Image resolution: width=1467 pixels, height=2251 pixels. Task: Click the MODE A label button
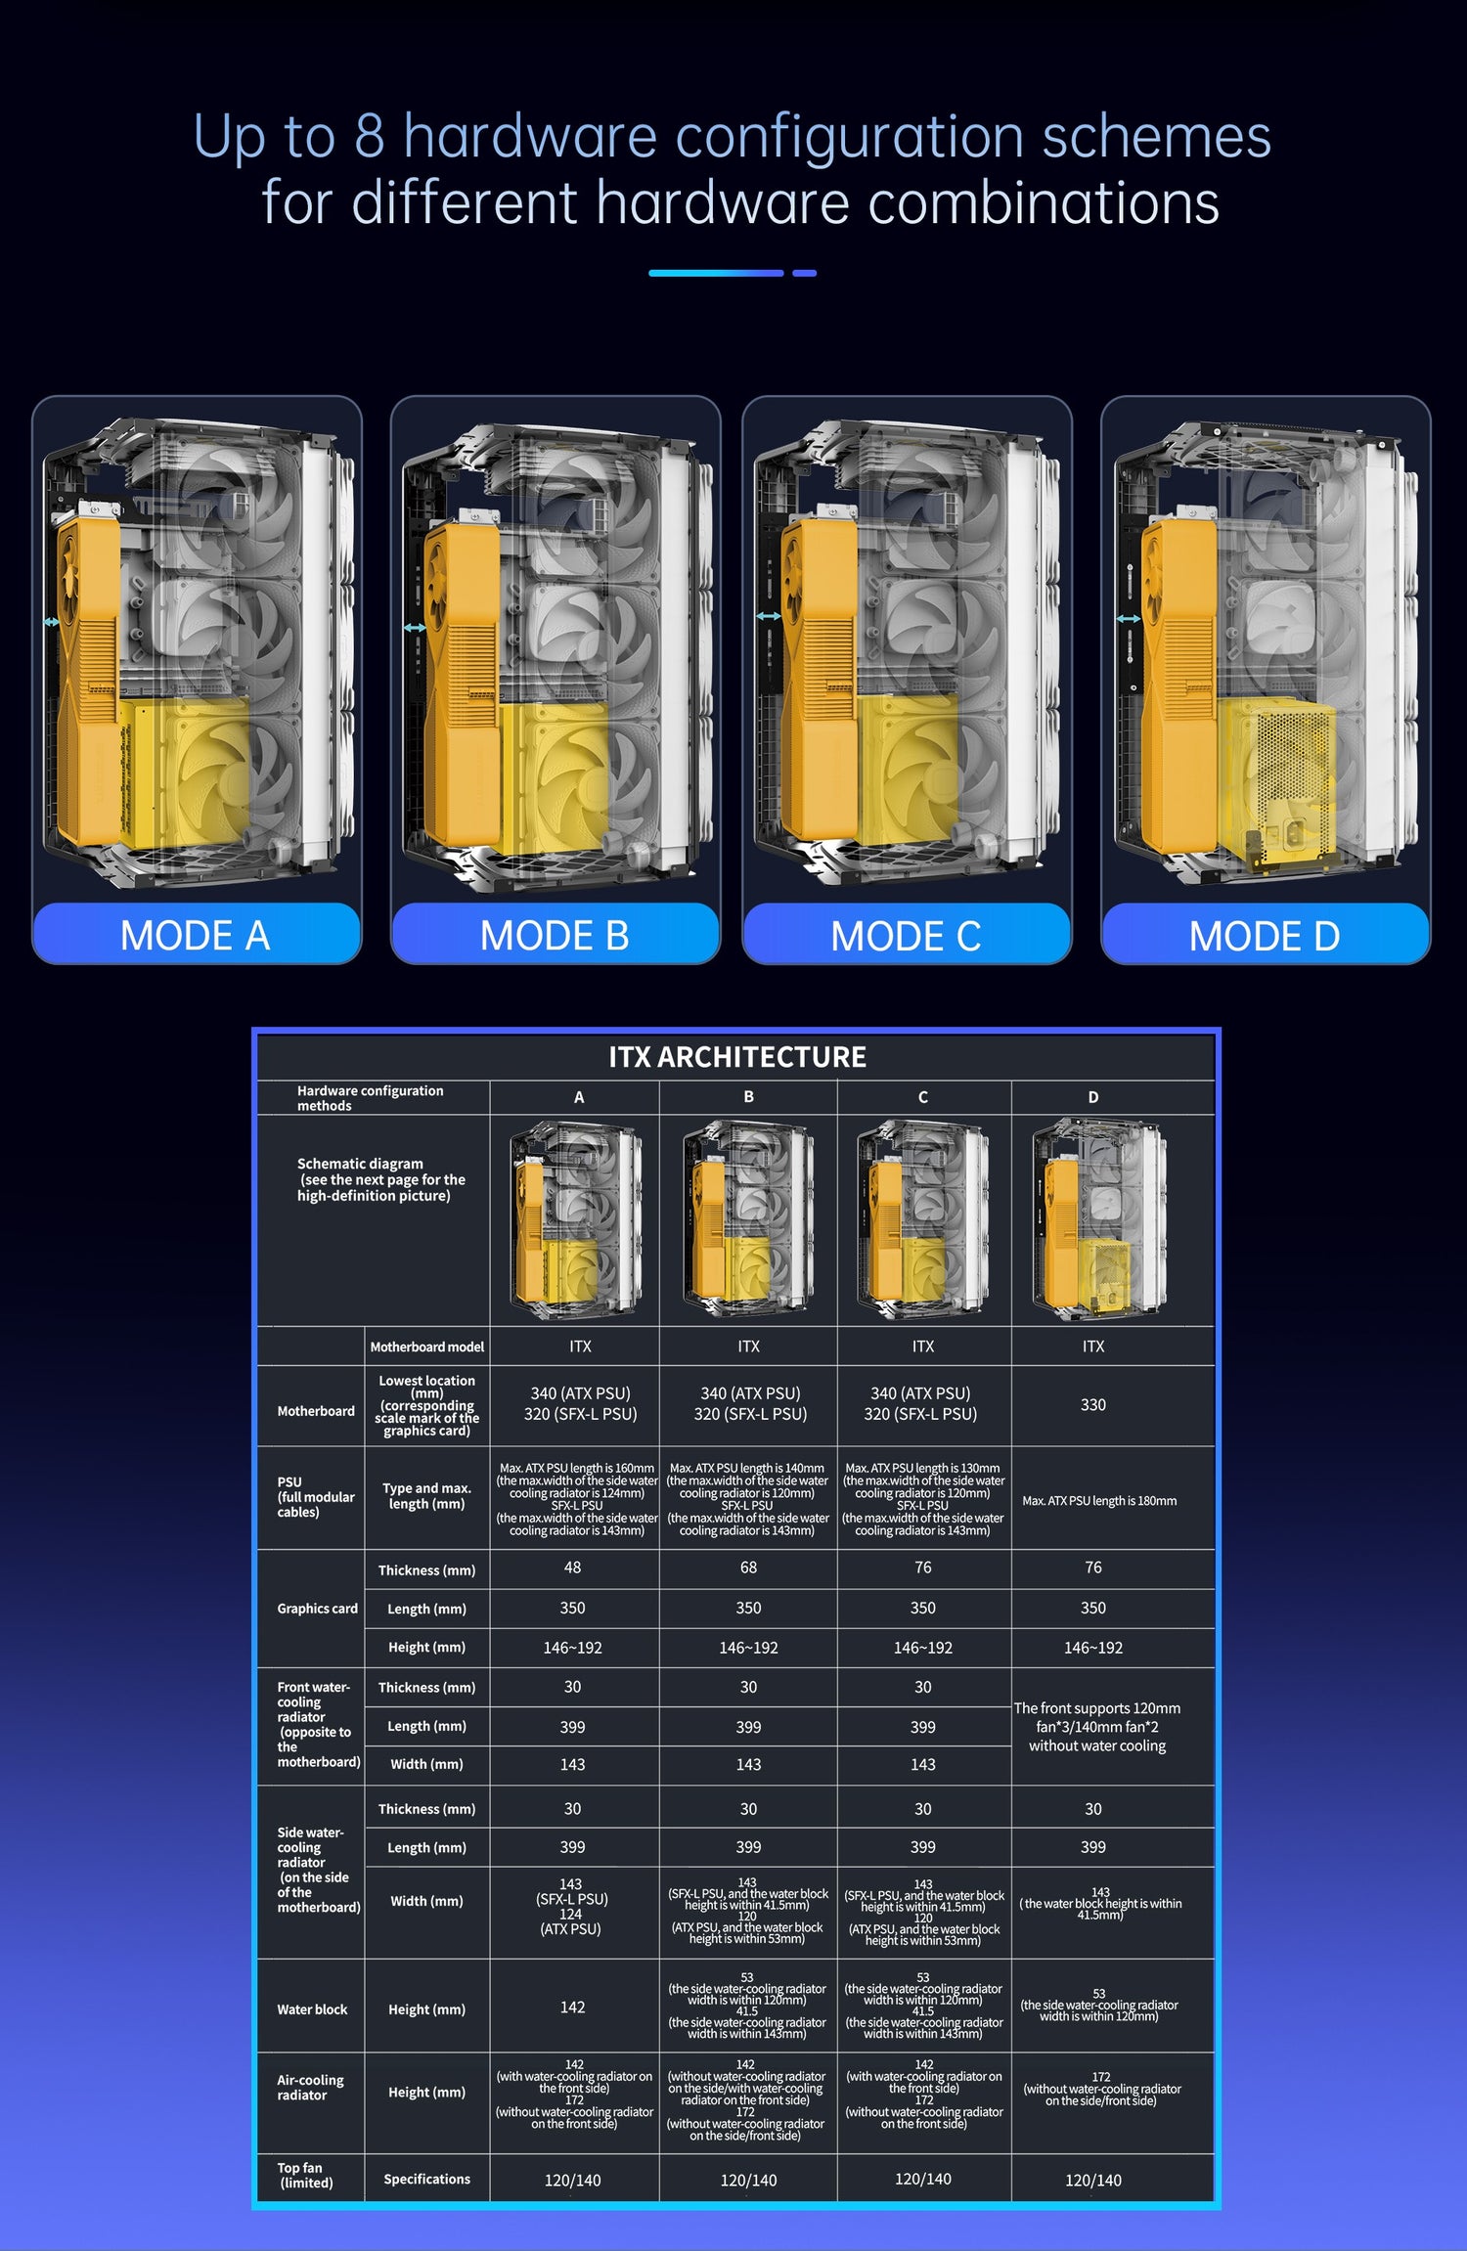(x=197, y=934)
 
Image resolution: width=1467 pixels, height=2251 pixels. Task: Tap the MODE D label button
(x=1266, y=935)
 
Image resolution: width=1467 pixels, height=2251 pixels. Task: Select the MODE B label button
(x=556, y=934)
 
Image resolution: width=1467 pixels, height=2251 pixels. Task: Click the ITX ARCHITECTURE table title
(x=737, y=1057)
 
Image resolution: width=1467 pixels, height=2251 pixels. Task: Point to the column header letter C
(x=923, y=1097)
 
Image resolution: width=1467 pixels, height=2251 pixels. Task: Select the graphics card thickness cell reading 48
(x=573, y=1567)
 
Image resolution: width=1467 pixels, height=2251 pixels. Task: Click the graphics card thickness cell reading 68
(x=749, y=1567)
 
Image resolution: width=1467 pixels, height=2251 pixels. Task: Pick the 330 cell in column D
(x=1093, y=1405)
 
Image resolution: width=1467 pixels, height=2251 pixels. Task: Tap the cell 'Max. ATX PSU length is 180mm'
(x=1099, y=1501)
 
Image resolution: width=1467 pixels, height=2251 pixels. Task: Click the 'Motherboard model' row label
(x=427, y=1346)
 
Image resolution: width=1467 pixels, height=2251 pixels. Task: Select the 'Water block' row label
(x=312, y=2009)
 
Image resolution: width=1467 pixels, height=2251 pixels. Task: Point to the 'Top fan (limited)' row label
(x=305, y=2175)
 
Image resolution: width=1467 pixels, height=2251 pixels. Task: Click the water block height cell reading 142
(x=573, y=2008)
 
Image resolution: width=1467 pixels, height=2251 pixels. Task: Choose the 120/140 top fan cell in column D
(x=1093, y=2181)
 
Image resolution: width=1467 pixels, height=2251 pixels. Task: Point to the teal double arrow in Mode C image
(x=769, y=616)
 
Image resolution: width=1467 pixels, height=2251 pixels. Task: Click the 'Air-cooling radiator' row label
(x=310, y=2088)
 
